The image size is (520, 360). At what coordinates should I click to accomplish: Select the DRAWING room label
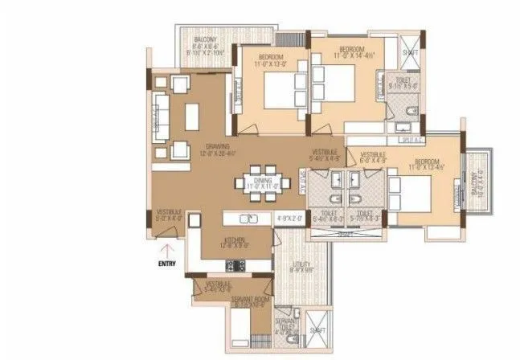(x=217, y=146)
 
